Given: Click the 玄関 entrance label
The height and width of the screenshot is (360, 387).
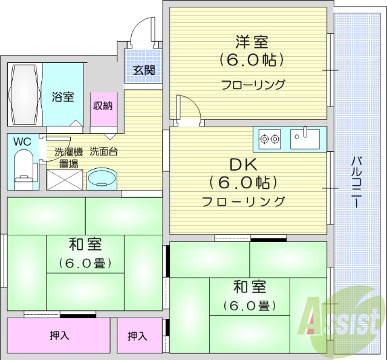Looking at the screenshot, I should coord(144,70).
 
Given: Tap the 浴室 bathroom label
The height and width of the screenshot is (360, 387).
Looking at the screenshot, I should coord(62,96).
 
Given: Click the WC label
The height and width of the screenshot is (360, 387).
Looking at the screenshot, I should coord(22,142).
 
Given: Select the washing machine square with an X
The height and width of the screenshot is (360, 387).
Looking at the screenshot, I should coord(63,178).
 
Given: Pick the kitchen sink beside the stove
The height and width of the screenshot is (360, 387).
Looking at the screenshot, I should coord(306,139).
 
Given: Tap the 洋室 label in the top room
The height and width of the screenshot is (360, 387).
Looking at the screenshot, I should coord(252,42).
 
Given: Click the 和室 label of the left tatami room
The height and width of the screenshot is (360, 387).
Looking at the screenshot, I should coord(85,245).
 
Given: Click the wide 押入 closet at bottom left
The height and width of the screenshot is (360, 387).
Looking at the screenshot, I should coord(59,335).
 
